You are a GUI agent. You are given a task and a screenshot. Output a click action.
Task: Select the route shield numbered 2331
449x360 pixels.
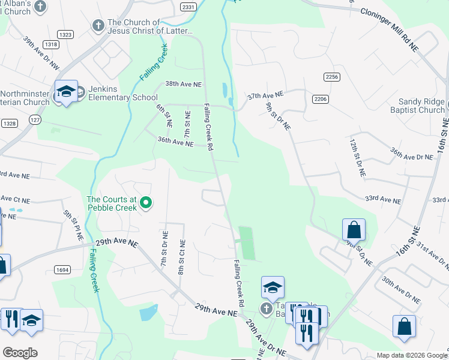pyautogui.click(x=188, y=7)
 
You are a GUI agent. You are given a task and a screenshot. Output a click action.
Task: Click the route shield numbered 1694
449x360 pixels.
pyautogui.click(x=62, y=271)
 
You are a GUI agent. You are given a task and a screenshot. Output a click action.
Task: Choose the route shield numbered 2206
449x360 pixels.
pyautogui.click(x=320, y=98)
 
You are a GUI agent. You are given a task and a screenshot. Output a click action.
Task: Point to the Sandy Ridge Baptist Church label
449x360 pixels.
pyautogui.click(x=424, y=106)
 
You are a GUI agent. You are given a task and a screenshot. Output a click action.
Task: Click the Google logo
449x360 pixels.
pyautogui.click(x=19, y=352)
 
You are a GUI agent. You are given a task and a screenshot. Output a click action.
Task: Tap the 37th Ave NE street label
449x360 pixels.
pyautogui.click(x=265, y=95)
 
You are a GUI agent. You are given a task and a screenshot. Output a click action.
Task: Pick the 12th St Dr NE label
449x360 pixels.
pyautogui.click(x=358, y=156)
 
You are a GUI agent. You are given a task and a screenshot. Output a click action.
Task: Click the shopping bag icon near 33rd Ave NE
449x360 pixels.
pyautogui.click(x=354, y=230)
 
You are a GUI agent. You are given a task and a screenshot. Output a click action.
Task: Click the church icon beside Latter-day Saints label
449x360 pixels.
pyautogui.click(x=97, y=26)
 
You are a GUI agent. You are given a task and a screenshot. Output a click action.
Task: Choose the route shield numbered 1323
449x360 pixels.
pyautogui.click(x=66, y=35)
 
